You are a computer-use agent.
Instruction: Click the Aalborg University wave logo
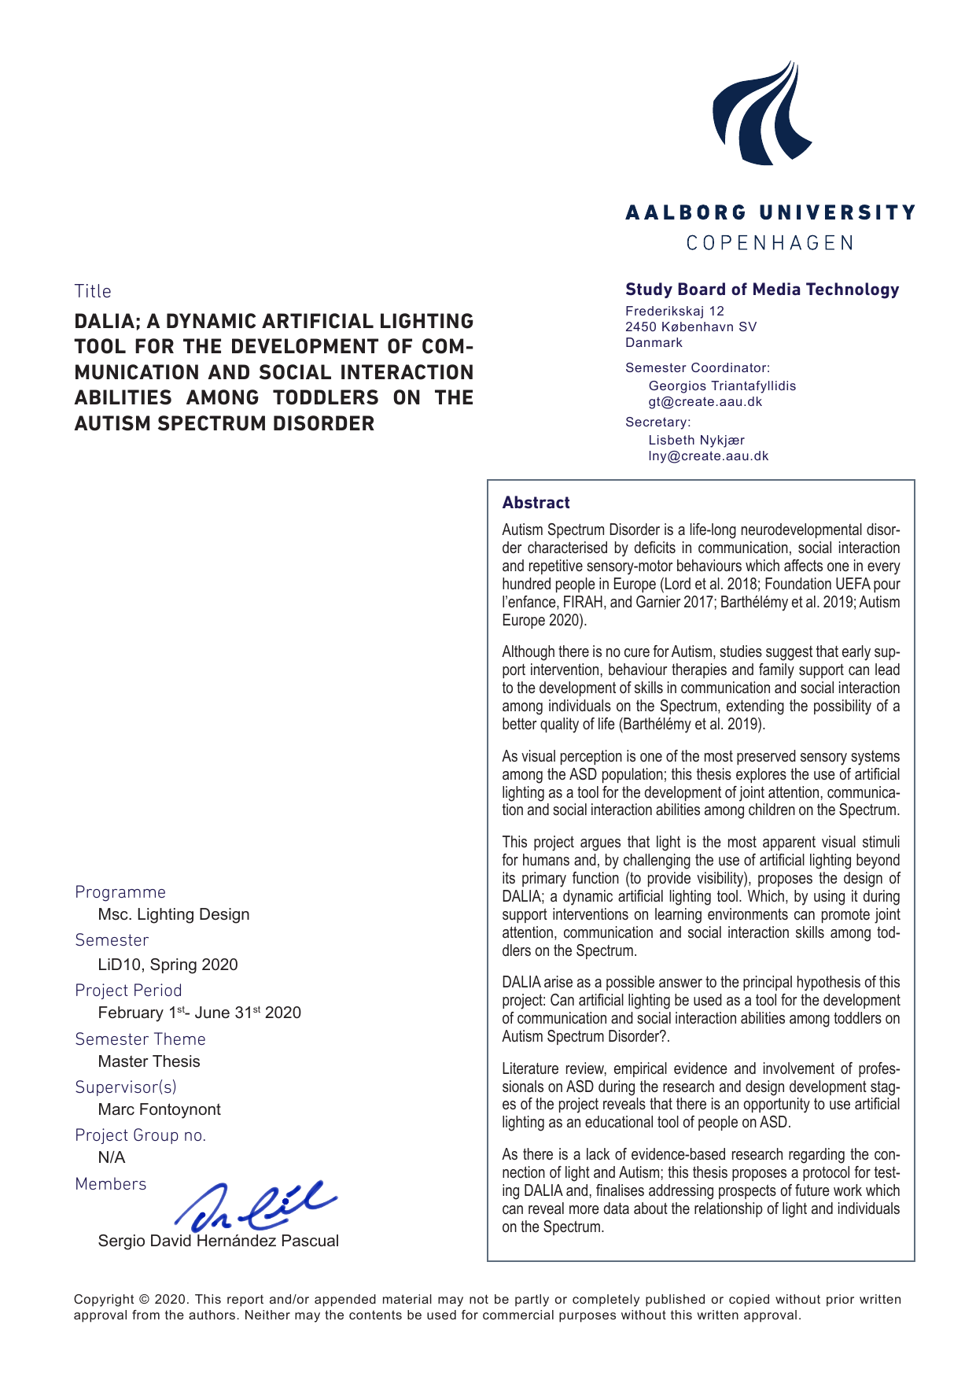[761, 114]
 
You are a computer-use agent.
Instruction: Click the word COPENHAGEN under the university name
[770, 243]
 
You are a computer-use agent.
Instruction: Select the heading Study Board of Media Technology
[761, 290]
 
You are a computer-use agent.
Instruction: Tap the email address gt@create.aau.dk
[705, 402]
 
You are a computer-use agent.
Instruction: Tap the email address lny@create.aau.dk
[708, 456]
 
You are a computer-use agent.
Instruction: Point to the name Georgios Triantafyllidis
[721, 386]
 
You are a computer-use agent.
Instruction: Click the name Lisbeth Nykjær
[695, 440]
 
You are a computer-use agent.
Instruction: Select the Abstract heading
[536, 503]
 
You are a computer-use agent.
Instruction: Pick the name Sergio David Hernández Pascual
[218, 1241]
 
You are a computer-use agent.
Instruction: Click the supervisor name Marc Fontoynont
[159, 1109]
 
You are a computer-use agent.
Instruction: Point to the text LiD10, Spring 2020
[168, 965]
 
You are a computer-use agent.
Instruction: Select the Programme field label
[120, 892]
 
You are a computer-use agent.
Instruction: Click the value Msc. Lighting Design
[173, 914]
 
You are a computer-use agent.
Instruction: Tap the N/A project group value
[111, 1157]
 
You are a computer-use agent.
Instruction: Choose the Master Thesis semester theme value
[149, 1061]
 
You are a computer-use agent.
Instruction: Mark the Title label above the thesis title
[93, 291]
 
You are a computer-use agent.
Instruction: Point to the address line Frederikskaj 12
[674, 312]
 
